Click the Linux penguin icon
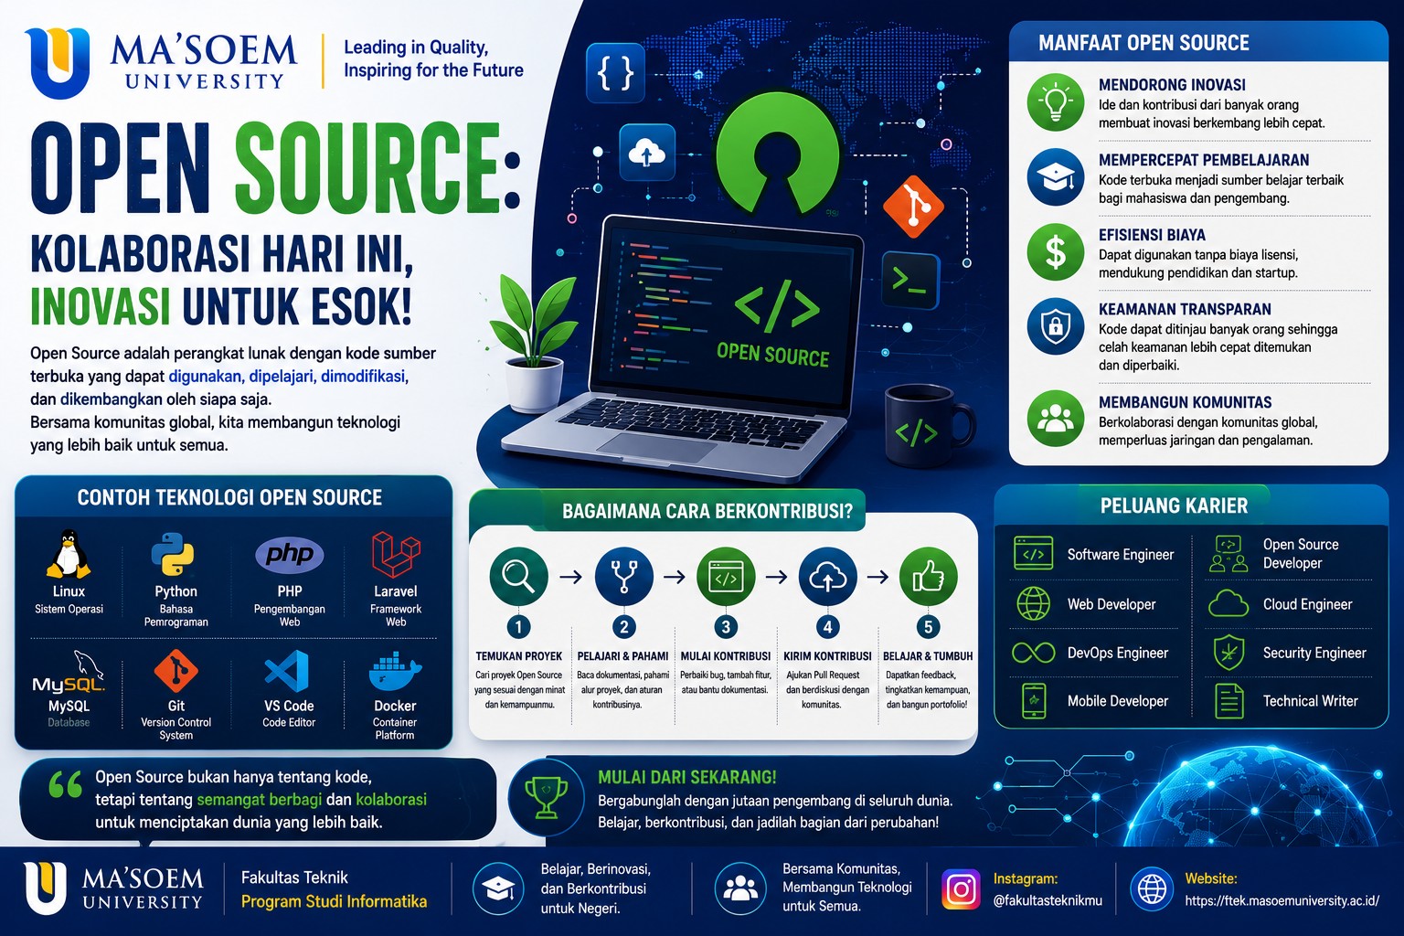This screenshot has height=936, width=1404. (x=69, y=554)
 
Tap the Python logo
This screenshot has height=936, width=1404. (x=173, y=554)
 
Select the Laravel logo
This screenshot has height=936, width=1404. (x=396, y=554)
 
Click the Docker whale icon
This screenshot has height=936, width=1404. (x=395, y=671)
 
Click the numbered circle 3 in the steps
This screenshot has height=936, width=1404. (x=726, y=626)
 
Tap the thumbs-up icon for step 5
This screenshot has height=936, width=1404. (x=929, y=576)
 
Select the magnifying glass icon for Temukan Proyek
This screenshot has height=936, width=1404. (x=518, y=576)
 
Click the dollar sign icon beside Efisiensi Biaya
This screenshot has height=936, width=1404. (x=1056, y=252)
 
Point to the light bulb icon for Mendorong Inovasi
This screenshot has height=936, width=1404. (x=1056, y=102)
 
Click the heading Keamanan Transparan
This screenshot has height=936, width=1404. (x=1185, y=309)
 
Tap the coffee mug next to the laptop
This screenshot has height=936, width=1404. (x=929, y=426)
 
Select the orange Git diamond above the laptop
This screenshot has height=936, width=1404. (x=913, y=207)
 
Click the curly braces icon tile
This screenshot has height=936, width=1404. (x=615, y=73)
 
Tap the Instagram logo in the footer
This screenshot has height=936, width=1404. (x=961, y=888)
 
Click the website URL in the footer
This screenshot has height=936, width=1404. (x=1282, y=901)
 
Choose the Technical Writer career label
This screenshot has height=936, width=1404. (x=1310, y=701)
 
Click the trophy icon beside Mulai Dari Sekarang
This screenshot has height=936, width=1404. (x=546, y=797)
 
